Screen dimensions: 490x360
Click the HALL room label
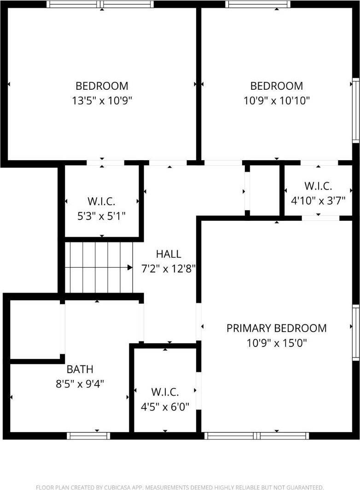[168, 254]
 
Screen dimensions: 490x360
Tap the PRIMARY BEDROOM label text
[276, 328]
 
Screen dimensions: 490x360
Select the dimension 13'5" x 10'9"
[102, 100]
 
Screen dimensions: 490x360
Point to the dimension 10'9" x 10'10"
[276, 100]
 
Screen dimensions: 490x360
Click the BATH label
[80, 369]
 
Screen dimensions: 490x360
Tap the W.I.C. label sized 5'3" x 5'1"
[101, 201]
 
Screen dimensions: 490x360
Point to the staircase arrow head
[130, 267]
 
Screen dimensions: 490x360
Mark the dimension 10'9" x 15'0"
[276, 343]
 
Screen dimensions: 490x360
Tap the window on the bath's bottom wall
[88, 435]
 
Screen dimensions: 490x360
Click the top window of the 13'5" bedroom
[101, 4]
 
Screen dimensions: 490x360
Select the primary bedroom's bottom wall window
[256, 435]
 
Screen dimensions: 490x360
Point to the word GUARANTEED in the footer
[305, 487]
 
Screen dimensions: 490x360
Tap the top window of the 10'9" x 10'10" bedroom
[258, 4]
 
